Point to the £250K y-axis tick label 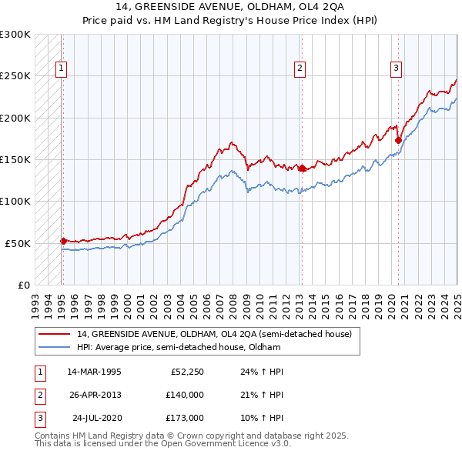point(15,76)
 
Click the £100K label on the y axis point(15,201)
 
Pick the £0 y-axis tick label point(22,285)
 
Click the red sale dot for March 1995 point(63,241)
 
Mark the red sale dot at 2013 point(302,168)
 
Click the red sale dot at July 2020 point(398,140)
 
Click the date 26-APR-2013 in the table point(95,395)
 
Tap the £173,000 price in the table point(185,418)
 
